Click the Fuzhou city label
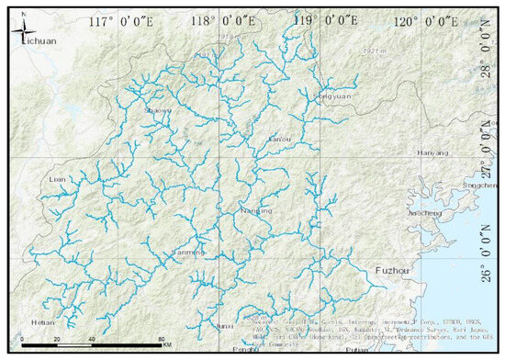point(395,271)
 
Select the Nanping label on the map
point(255,210)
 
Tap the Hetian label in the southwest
point(43,323)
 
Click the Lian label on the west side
point(58,180)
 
